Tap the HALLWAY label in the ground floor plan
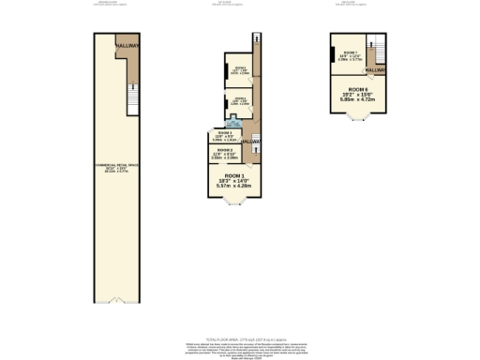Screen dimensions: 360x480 pos(127,45)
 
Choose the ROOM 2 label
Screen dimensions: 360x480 pos(224,150)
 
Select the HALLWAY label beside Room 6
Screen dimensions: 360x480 pos(376,70)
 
